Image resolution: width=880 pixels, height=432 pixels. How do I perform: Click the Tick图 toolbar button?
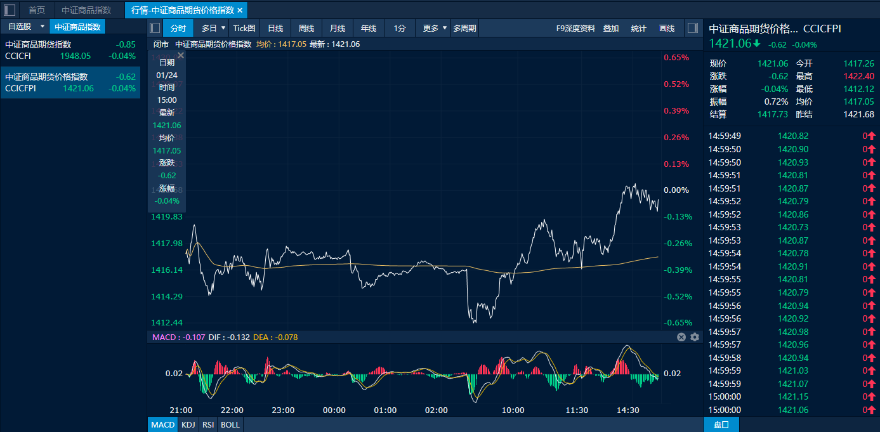click(x=244, y=28)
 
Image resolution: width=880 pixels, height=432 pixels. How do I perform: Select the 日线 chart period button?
click(x=275, y=28)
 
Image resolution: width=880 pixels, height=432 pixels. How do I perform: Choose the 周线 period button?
click(x=306, y=28)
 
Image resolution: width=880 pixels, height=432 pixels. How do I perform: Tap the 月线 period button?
click(x=338, y=28)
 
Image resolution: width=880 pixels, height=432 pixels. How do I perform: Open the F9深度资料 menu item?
click(x=575, y=28)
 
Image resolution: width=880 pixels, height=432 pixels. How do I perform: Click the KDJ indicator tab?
click(x=188, y=424)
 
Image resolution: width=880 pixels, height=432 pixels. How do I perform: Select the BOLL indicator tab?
click(x=230, y=424)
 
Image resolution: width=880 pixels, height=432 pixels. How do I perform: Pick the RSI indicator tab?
click(x=208, y=424)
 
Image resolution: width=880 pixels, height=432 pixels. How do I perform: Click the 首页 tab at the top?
click(x=37, y=10)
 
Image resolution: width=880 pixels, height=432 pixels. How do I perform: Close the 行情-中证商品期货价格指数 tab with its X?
click(x=240, y=10)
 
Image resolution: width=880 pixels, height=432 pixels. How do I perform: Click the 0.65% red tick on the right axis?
click(x=676, y=58)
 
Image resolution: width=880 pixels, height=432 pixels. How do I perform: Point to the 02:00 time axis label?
click(x=437, y=410)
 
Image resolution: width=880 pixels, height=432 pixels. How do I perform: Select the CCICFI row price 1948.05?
click(x=76, y=56)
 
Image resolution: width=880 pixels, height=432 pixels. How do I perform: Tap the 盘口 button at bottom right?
click(x=721, y=424)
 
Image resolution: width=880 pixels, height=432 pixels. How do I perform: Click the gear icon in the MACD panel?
click(x=695, y=337)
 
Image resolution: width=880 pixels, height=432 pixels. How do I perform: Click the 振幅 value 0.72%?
click(x=777, y=101)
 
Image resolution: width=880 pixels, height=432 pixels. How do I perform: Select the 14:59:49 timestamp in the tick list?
click(x=725, y=136)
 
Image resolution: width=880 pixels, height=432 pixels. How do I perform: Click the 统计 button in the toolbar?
click(x=639, y=28)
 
